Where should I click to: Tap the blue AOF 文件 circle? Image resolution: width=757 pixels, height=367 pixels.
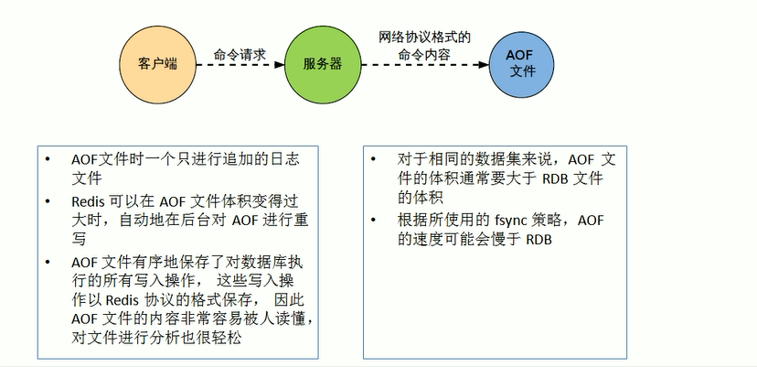click(x=520, y=63)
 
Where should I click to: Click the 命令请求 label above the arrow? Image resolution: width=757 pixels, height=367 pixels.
click(x=240, y=54)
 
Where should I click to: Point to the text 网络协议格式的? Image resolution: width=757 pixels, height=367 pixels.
click(x=424, y=38)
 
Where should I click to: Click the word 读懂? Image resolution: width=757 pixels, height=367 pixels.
click(x=292, y=318)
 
